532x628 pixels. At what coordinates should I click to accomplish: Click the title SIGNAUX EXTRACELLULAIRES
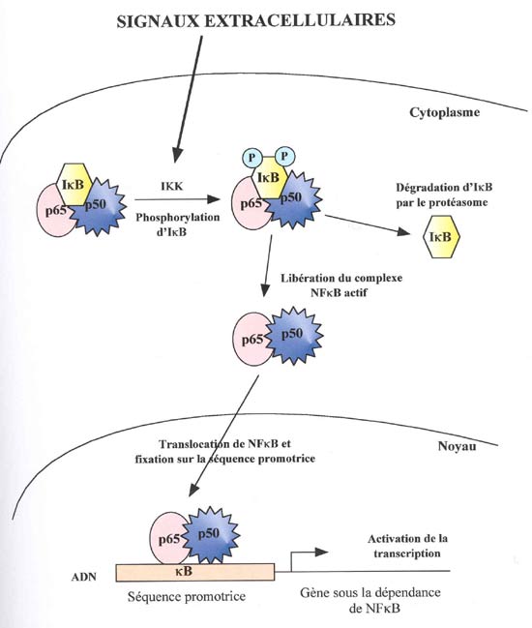pos(255,20)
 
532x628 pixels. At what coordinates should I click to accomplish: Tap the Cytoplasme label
pos(444,112)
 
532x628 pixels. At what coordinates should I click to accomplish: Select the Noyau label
pos(458,446)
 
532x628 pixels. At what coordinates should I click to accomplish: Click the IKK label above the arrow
pos(172,186)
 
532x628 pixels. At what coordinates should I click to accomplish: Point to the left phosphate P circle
pos(251,157)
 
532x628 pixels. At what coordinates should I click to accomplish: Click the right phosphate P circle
pos(284,156)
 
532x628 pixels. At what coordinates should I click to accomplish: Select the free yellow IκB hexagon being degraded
pos(441,237)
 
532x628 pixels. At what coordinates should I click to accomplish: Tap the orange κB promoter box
pos(195,572)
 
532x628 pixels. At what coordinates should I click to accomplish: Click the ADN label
pos(83,577)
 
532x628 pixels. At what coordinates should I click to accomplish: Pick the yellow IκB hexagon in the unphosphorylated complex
pos(74,184)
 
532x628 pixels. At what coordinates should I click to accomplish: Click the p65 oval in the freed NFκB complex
pos(251,340)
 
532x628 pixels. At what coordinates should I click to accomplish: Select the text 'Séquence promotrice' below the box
pos(187,597)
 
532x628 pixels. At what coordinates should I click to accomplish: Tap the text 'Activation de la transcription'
pos(407,546)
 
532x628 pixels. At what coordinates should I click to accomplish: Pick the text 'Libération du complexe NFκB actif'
pos(341,285)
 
